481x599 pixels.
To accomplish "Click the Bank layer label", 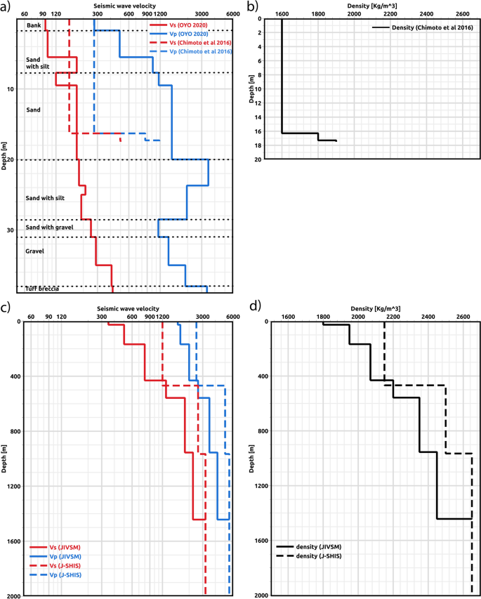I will [x=33, y=25].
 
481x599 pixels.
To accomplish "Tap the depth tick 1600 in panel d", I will [x=259, y=541].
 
